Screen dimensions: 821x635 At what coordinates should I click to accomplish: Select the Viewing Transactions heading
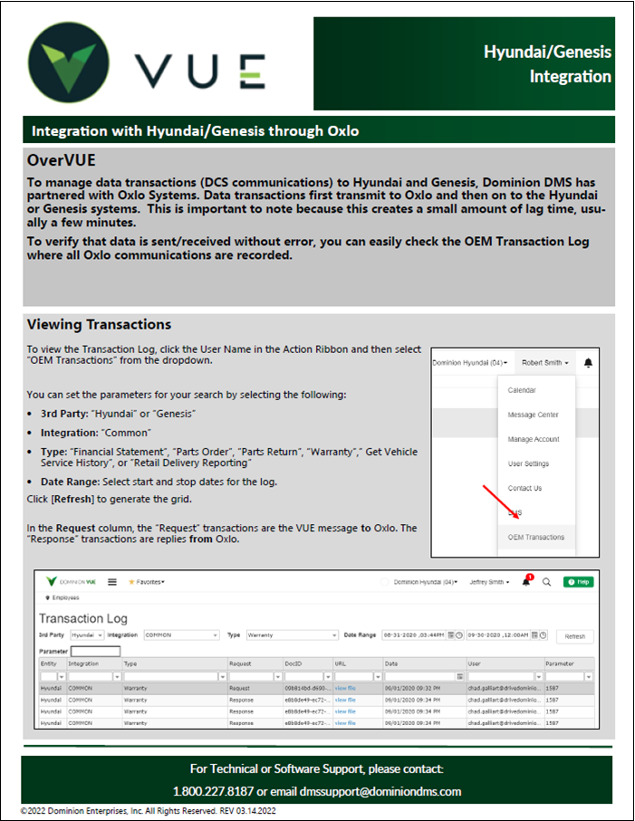(x=99, y=324)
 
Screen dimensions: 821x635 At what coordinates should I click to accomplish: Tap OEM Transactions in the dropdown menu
(x=535, y=537)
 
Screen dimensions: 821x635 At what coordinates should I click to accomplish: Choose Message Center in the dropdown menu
(x=533, y=415)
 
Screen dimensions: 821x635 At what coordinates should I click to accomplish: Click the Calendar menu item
(x=522, y=390)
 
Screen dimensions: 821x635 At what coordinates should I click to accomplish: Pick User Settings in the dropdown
(x=528, y=463)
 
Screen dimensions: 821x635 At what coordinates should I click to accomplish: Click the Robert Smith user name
(x=545, y=363)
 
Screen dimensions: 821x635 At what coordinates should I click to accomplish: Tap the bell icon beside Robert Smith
(x=588, y=363)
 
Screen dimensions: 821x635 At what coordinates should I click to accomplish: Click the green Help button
(x=578, y=582)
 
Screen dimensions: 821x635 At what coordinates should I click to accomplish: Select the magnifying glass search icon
(x=546, y=582)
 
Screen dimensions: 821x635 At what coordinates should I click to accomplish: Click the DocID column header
(x=294, y=663)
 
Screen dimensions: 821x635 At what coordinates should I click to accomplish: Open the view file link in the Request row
(x=345, y=688)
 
